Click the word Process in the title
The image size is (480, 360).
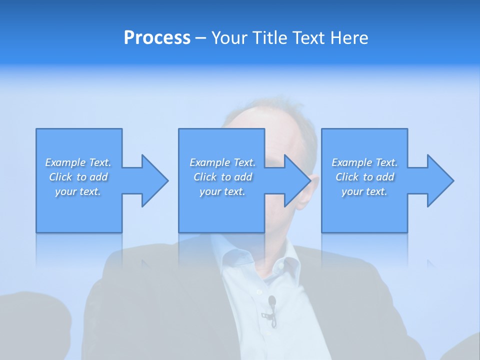157,38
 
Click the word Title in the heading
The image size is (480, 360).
268,38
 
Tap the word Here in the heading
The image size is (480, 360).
349,38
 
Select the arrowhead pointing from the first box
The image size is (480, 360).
153,180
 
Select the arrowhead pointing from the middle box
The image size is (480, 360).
296,180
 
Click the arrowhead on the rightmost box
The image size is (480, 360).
438,180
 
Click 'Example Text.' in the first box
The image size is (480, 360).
78,162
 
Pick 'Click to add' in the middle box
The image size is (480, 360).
222,177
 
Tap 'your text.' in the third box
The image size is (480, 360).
364,191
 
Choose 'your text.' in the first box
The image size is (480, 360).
78,191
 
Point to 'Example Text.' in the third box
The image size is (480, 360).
364,162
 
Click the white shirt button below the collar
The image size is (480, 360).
258,291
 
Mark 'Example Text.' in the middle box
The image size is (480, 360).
222,162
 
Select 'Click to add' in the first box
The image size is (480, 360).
78,177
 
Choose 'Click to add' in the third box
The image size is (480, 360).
364,177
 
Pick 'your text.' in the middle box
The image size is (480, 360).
222,191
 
